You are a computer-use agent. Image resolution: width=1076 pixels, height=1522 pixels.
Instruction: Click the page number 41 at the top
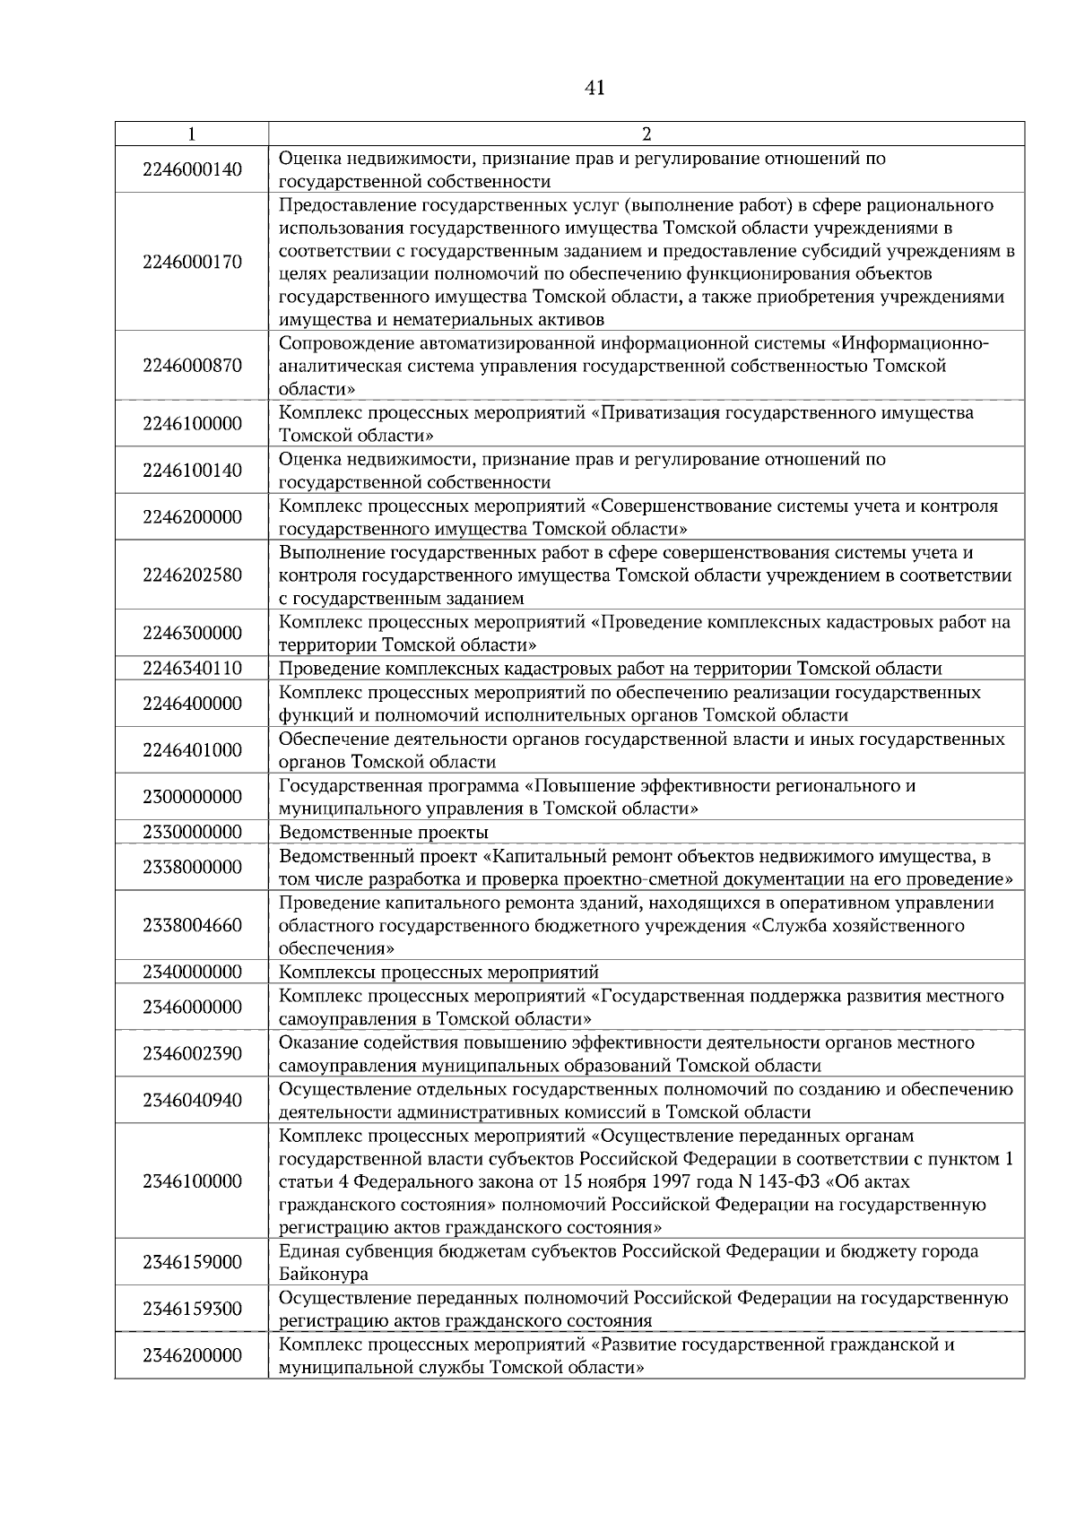tap(594, 88)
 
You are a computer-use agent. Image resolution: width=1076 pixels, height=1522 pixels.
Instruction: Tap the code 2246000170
tap(192, 263)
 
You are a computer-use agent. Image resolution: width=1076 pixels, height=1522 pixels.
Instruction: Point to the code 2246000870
tap(192, 366)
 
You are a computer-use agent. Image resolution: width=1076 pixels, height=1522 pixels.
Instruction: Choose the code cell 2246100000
tap(192, 424)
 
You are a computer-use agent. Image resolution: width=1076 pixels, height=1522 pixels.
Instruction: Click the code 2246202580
tap(192, 575)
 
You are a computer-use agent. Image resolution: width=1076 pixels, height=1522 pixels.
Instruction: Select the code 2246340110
tap(192, 669)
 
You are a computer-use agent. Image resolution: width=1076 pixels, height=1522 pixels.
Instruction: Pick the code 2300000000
tap(192, 797)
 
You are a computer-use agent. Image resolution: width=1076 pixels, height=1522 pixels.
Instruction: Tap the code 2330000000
tap(192, 832)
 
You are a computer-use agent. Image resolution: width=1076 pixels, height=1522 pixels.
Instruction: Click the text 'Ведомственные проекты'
tap(384, 832)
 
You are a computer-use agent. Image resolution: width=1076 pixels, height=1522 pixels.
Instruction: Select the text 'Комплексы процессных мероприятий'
tap(438, 973)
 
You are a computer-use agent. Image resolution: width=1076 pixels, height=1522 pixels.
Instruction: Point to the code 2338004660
tap(192, 925)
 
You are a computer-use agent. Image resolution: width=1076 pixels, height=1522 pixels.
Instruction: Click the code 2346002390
tap(192, 1053)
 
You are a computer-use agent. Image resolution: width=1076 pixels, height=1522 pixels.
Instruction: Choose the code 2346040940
tap(192, 1101)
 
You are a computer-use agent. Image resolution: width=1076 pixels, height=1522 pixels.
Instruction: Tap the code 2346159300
tap(192, 1309)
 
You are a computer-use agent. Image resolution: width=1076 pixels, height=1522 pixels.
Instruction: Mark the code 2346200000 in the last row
tap(192, 1355)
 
